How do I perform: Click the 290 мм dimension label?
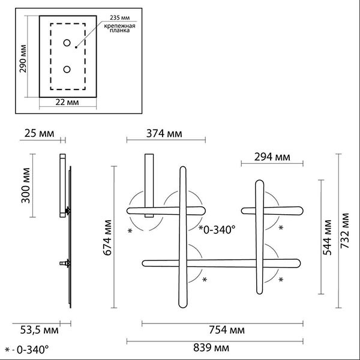click(x=23, y=59)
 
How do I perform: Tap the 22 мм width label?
click(x=67, y=102)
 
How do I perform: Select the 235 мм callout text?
click(x=119, y=17)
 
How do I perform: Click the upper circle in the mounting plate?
click(x=67, y=43)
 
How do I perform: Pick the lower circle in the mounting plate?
click(x=67, y=70)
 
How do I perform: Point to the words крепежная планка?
click(x=119, y=28)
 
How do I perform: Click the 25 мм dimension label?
click(x=39, y=133)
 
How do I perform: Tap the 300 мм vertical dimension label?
click(x=25, y=185)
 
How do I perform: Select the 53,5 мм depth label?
click(x=39, y=330)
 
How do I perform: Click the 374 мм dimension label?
click(x=164, y=134)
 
